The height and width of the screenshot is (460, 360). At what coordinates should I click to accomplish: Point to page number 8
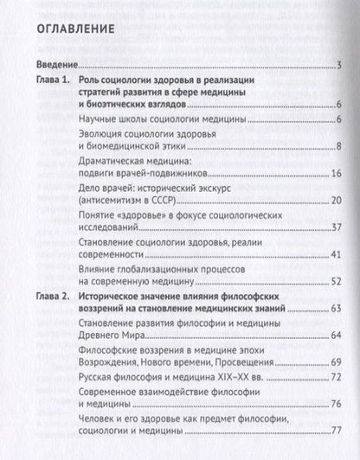pyautogui.click(x=338, y=146)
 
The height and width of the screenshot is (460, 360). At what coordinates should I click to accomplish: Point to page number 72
pyautogui.click(x=336, y=375)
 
